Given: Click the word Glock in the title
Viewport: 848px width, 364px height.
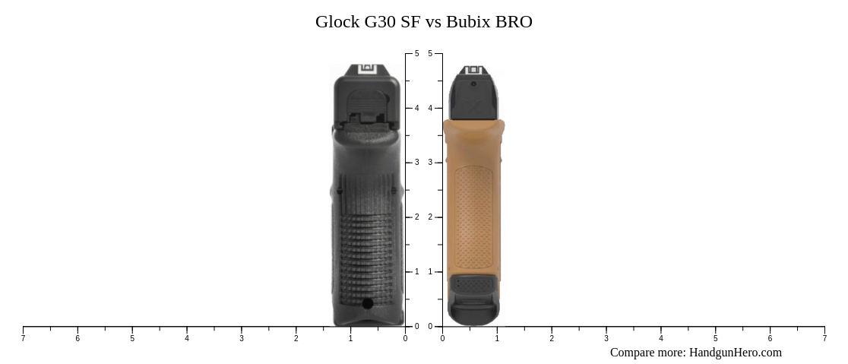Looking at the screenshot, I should pyautogui.click(x=337, y=22).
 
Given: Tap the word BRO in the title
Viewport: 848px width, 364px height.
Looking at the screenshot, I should pyautogui.click(x=514, y=22).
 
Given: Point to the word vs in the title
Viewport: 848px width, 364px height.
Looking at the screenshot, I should pyautogui.click(x=434, y=22).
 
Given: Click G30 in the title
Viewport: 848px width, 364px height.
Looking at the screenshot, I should pyautogui.click(x=381, y=22).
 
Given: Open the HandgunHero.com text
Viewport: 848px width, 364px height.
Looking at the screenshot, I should pyautogui.click(x=735, y=353).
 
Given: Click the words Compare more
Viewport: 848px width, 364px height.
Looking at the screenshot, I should pyautogui.click(x=647, y=353).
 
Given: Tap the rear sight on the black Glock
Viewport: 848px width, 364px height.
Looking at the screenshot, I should pyautogui.click(x=368, y=69).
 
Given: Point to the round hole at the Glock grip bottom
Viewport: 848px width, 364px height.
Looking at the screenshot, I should pyautogui.click(x=368, y=304).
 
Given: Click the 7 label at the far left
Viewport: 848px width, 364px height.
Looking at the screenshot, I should pyautogui.click(x=23, y=339).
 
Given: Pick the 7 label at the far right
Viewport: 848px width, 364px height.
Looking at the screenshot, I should pyautogui.click(x=824, y=339).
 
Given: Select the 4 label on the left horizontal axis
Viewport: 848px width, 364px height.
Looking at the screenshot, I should pyautogui.click(x=187, y=339).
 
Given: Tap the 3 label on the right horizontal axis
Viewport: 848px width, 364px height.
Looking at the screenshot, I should pyautogui.click(x=606, y=339).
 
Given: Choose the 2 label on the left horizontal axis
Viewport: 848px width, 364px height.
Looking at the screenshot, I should pyautogui.click(x=296, y=339).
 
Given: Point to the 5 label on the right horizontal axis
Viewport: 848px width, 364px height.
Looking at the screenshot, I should pyautogui.click(x=715, y=339).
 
